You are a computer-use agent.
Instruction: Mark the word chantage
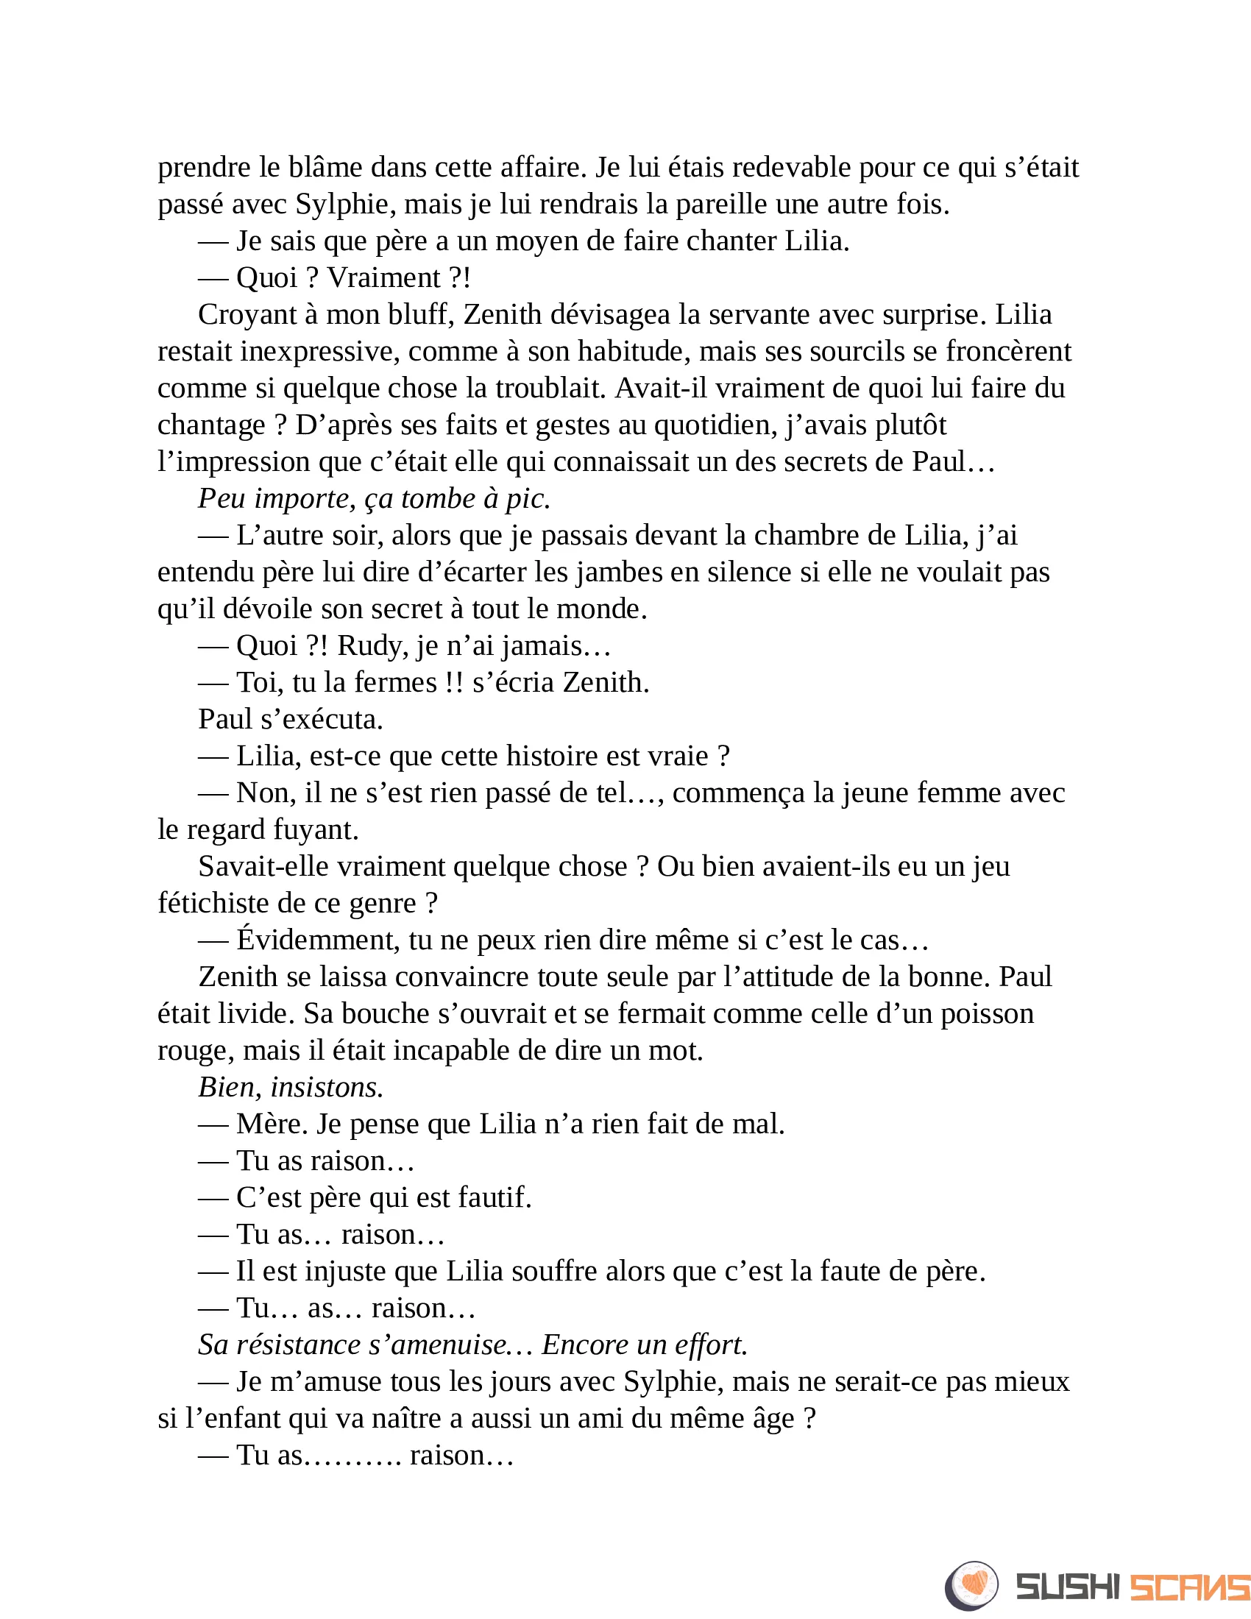click(x=211, y=425)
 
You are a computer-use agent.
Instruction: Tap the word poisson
click(x=987, y=1013)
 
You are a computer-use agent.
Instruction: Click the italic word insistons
click(x=327, y=1088)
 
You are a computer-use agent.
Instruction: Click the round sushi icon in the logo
click(x=971, y=1586)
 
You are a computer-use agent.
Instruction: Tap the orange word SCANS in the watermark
click(x=1189, y=1587)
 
